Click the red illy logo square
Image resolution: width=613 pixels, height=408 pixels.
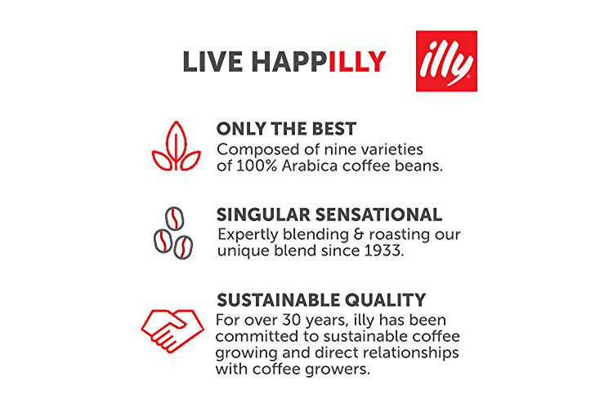446,61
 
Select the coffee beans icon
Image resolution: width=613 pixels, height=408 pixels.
173,233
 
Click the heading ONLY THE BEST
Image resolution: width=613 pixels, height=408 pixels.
286,129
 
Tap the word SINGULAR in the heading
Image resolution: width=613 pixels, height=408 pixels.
263,215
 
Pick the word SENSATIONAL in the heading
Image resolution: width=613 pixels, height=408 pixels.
378,215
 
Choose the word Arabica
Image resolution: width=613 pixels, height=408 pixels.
310,166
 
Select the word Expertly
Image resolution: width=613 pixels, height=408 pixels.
248,235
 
